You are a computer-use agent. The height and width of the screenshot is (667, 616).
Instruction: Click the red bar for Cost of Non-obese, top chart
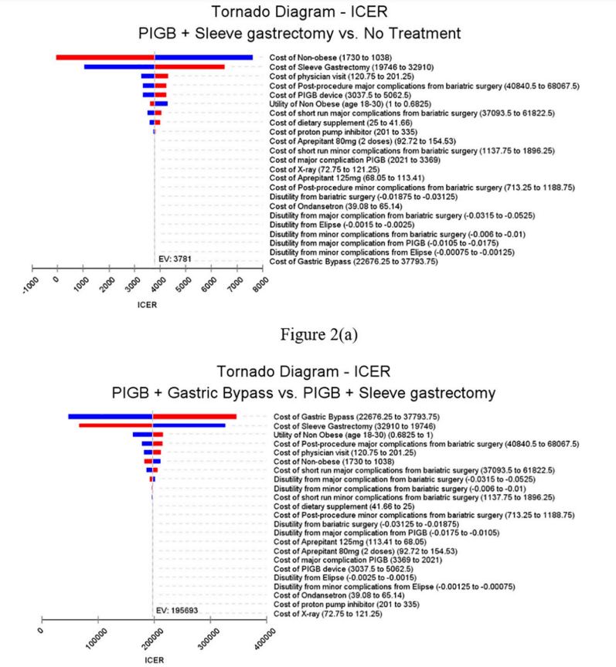(x=105, y=57)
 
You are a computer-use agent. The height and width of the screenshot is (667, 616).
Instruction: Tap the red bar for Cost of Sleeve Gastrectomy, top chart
(x=189, y=67)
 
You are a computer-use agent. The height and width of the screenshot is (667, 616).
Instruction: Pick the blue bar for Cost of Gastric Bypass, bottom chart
(x=110, y=417)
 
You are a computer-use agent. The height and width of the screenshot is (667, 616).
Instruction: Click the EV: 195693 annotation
(x=179, y=612)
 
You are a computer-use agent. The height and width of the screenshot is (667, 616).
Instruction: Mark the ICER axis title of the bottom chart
(x=154, y=660)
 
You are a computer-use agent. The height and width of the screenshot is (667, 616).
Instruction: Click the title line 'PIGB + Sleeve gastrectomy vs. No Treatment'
(x=308, y=33)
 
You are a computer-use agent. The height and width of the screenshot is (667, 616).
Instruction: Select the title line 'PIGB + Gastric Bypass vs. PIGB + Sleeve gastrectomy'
(x=308, y=394)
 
